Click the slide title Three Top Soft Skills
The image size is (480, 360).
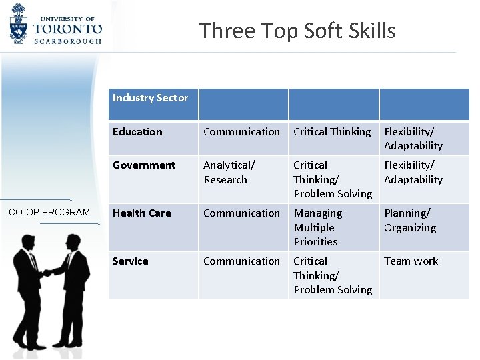coord(297,31)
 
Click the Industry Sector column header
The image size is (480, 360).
coord(150,98)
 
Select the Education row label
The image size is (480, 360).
coord(137,132)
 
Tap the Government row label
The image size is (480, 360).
coord(144,165)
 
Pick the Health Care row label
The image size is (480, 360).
coord(141,213)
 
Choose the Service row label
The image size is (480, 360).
coord(131,261)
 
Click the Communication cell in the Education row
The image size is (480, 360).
coord(241,132)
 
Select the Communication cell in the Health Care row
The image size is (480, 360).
coord(241,213)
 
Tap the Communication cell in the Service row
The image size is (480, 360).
coord(241,261)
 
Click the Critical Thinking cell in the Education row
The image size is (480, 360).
coord(332,132)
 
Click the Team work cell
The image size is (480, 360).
coord(411,261)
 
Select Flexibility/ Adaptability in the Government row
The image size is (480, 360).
coord(413,173)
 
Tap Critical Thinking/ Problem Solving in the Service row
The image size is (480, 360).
coord(333,275)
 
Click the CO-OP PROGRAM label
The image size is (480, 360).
coord(49,212)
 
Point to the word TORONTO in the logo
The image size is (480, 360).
coord(67,29)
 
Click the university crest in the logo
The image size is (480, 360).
coord(19,24)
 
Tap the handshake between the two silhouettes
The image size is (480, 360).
coord(47,272)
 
